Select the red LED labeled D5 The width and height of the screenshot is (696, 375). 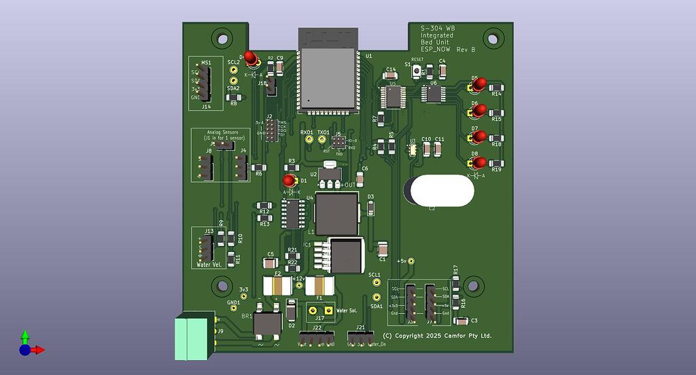click(x=479, y=84)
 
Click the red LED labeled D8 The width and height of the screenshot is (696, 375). click(x=479, y=162)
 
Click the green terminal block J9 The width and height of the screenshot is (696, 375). click(x=194, y=338)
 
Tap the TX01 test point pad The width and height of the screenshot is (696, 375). click(x=324, y=140)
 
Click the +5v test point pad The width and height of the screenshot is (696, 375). click(x=411, y=261)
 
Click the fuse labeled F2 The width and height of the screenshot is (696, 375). click(x=277, y=285)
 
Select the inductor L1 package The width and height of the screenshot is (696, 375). click(x=336, y=213)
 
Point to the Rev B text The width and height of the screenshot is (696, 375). click(x=466, y=50)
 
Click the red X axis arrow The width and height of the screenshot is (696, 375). click(x=39, y=350)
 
